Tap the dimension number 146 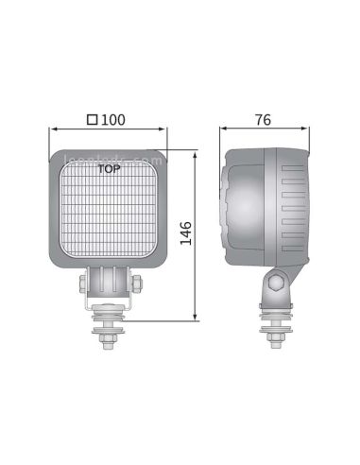[x=186, y=232]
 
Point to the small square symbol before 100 [x=92, y=121]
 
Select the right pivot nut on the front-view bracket [x=139, y=283]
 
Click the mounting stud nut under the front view [x=111, y=335]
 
